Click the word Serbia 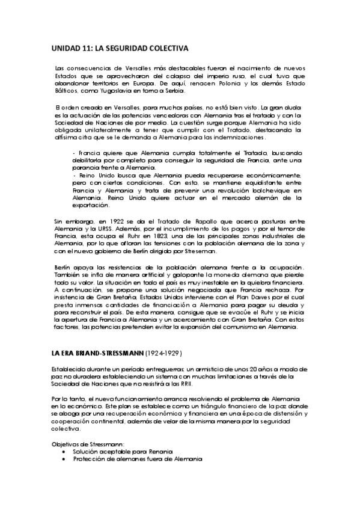tap(177, 91)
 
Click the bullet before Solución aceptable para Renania tap(65, 451)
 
